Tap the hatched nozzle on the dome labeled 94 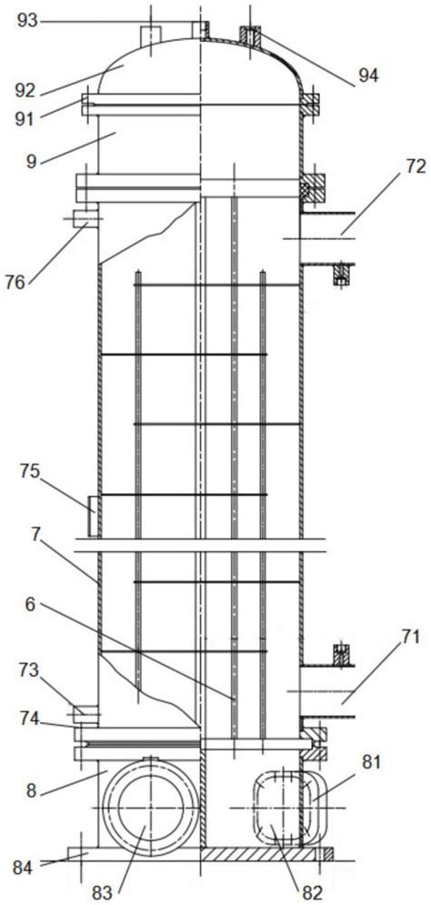[x=250, y=38]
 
